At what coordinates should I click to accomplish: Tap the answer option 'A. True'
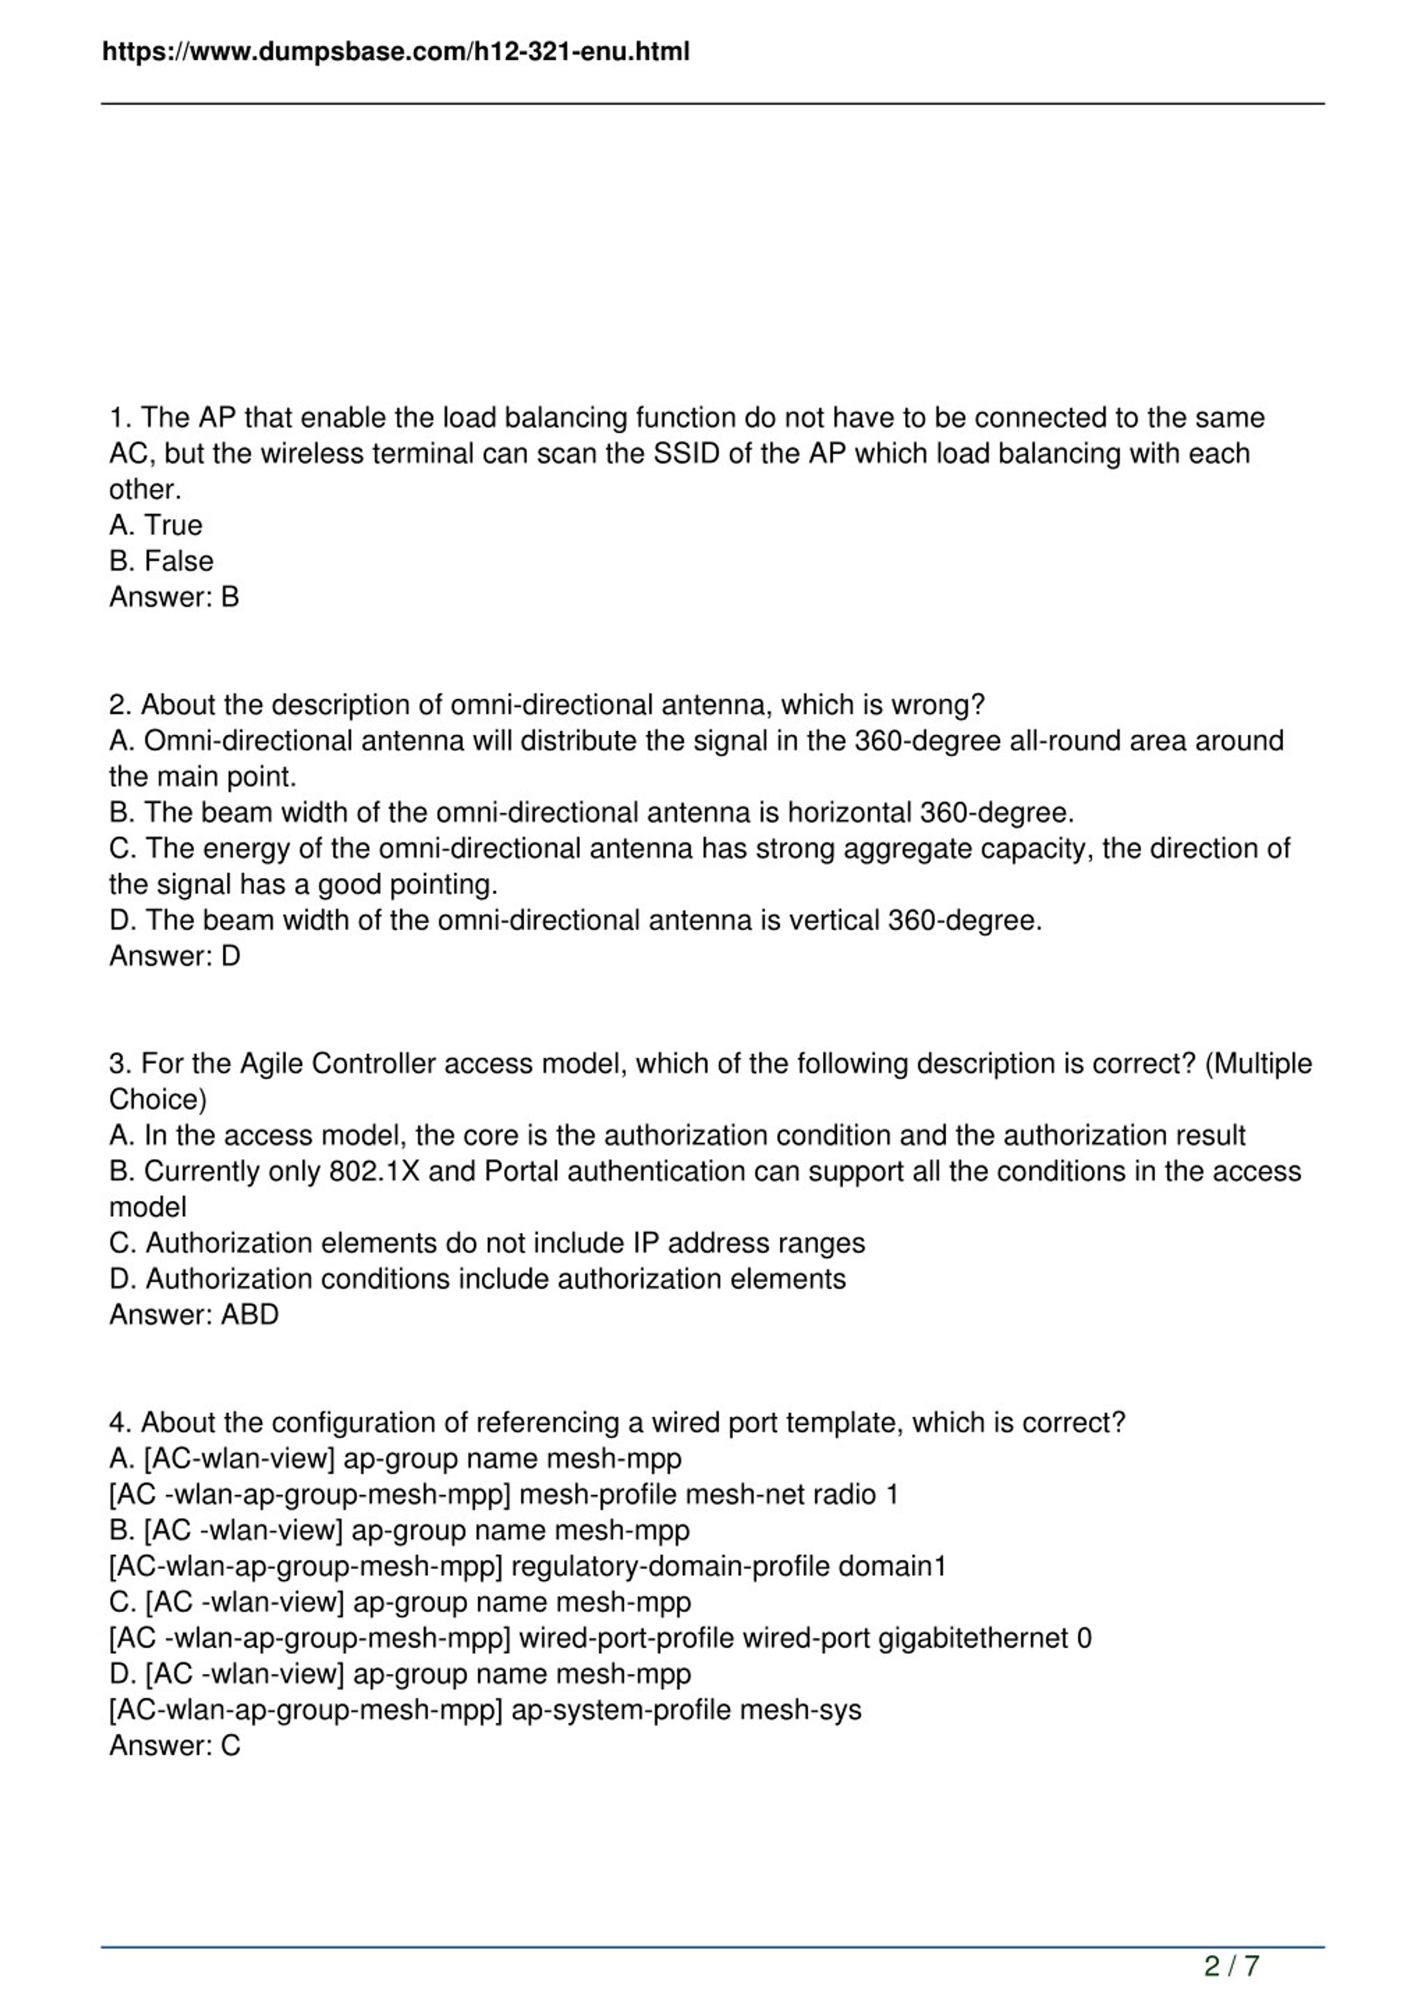point(155,525)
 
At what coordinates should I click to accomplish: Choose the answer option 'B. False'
point(160,561)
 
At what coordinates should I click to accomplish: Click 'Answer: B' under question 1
point(174,597)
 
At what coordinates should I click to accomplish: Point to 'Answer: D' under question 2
point(174,956)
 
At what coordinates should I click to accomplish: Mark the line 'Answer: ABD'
point(193,1315)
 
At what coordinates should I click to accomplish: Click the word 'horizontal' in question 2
point(849,813)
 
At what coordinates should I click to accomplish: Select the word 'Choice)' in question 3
point(158,1100)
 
